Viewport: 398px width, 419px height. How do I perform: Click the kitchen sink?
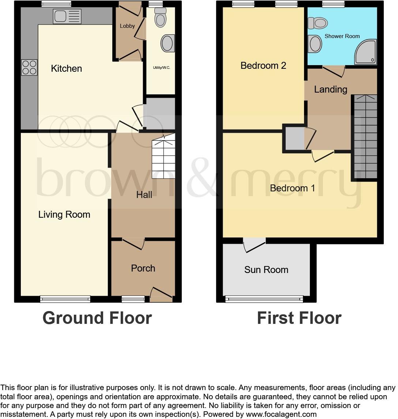coord(67,16)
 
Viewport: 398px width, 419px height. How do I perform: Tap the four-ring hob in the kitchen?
coord(29,67)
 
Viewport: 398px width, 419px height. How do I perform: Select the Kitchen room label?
coord(66,68)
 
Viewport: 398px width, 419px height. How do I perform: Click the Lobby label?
coord(127,26)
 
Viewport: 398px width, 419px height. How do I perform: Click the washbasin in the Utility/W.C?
coord(168,43)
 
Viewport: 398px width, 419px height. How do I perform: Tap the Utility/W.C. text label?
coord(161,68)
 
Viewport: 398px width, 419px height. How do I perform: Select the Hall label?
coord(144,195)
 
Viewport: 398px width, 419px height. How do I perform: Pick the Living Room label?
coord(64,214)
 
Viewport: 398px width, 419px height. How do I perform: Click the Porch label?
coord(143,268)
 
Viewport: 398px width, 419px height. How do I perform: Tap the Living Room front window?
coord(65,299)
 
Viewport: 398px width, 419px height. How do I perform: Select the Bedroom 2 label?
coord(263,66)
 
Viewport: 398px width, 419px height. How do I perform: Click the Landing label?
coord(330,89)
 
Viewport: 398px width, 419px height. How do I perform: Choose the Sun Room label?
coord(266,270)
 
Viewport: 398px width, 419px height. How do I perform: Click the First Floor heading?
coord(299,318)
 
